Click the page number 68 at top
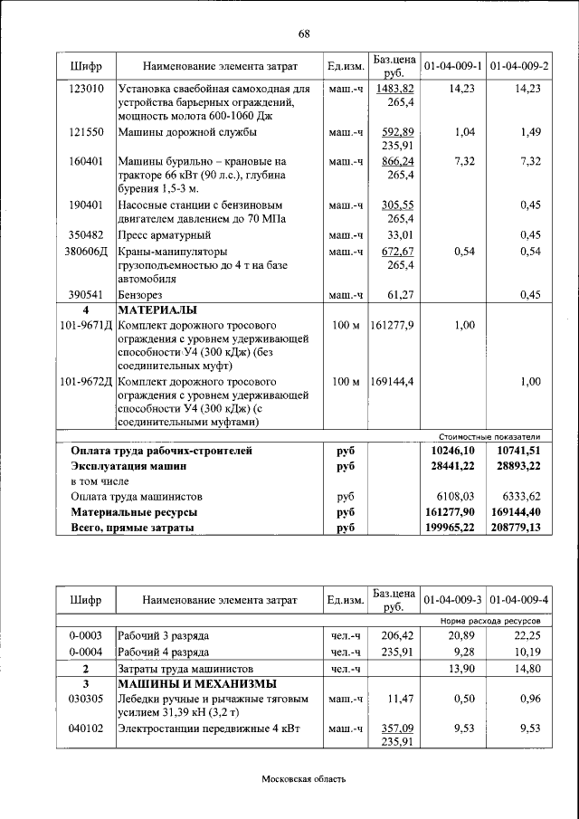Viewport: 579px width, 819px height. (304, 34)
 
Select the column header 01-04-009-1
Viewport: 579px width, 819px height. (452, 66)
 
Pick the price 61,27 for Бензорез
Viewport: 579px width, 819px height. (399, 294)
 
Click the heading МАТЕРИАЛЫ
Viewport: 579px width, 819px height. (155, 310)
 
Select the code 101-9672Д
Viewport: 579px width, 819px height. (86, 381)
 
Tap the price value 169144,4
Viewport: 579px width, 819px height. (392, 381)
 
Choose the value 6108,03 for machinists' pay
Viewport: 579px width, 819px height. (456, 496)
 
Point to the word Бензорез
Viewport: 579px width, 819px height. (145, 294)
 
